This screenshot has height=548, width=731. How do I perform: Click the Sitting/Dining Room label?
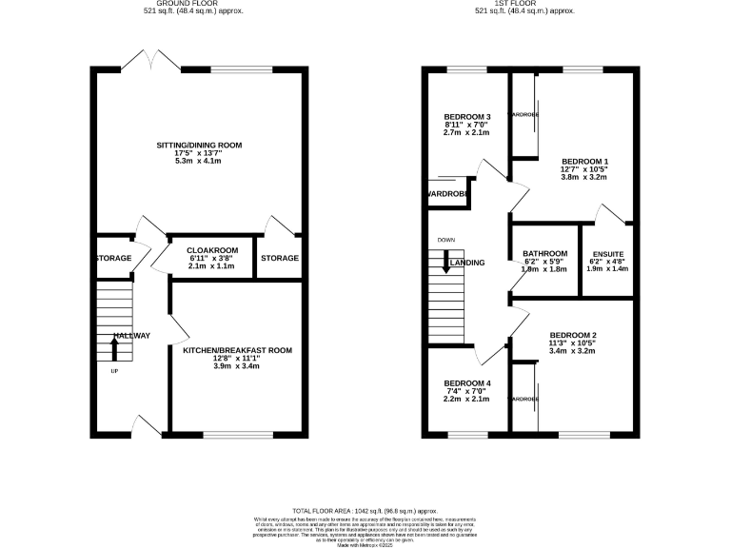pos(200,145)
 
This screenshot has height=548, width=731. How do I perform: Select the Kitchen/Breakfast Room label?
pos(237,350)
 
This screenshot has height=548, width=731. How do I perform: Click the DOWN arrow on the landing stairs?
pos(445,265)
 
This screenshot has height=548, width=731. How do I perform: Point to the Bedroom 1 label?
pos(584,161)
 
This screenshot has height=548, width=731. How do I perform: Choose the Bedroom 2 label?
pos(572,335)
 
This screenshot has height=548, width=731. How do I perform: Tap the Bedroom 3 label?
pos(467,116)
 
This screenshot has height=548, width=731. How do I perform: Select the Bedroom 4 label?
pos(467,383)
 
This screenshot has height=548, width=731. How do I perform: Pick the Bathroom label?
pos(545,253)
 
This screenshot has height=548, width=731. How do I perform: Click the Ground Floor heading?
pos(200,3)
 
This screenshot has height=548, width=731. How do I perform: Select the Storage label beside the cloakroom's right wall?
pos(280,258)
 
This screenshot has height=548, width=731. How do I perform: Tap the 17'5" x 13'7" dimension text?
pos(200,152)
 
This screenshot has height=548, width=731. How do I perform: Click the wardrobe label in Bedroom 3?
pos(447,194)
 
